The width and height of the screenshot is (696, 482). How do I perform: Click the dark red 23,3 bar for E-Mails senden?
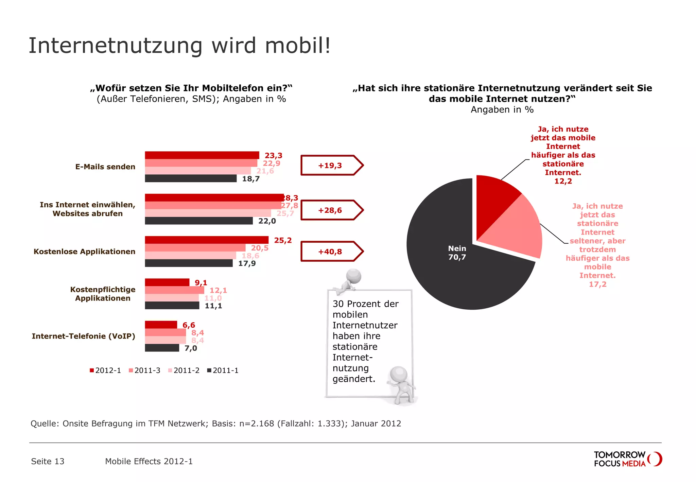coord(202,155)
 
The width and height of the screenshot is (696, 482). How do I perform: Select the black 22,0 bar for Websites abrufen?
coord(199,221)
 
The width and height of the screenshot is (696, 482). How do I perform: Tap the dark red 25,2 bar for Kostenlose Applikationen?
coord(207,240)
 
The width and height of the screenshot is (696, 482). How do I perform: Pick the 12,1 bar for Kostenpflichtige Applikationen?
coord(174,290)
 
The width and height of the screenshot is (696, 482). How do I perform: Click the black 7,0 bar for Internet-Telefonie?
coord(162,348)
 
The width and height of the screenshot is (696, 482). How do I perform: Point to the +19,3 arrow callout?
coord(331,166)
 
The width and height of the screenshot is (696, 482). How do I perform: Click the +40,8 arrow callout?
coord(331,252)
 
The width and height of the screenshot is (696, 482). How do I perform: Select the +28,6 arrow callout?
coord(331,210)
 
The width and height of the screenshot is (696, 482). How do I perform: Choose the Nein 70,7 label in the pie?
coord(457,253)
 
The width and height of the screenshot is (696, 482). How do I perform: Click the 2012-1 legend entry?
coord(105,371)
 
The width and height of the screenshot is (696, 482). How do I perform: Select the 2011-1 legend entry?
coord(223,371)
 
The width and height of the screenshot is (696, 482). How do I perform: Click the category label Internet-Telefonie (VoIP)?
coord(84,336)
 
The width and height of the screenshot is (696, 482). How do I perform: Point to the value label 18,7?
coord(251,179)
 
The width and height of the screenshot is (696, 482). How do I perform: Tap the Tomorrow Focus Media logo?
coord(627,459)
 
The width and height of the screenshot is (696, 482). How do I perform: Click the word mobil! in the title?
coord(298,46)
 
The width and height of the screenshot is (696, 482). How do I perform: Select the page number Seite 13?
coord(48,461)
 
